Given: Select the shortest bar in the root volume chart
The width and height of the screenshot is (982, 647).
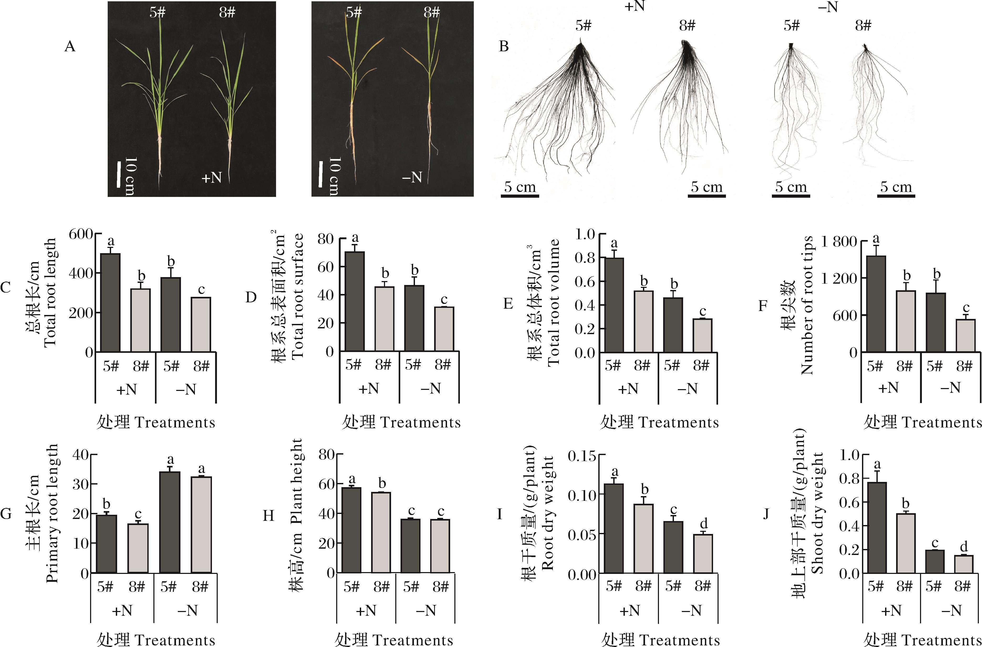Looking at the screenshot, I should [702, 335].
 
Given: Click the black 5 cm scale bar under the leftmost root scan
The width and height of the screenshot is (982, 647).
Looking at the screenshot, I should [519, 195].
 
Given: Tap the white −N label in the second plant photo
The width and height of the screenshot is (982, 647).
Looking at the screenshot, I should [412, 177].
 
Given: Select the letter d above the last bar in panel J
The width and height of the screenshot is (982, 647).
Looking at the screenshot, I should [964, 547].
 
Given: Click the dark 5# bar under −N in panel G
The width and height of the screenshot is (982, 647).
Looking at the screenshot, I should [170, 522].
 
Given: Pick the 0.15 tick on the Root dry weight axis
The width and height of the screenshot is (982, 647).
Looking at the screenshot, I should [582, 456].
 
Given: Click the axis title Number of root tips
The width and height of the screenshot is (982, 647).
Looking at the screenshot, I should [807, 305].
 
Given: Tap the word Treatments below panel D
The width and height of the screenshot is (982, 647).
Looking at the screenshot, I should [420, 422].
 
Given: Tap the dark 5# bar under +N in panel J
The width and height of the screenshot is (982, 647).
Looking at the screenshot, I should [877, 527].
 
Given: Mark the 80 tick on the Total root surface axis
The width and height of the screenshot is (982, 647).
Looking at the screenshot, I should [326, 239].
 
